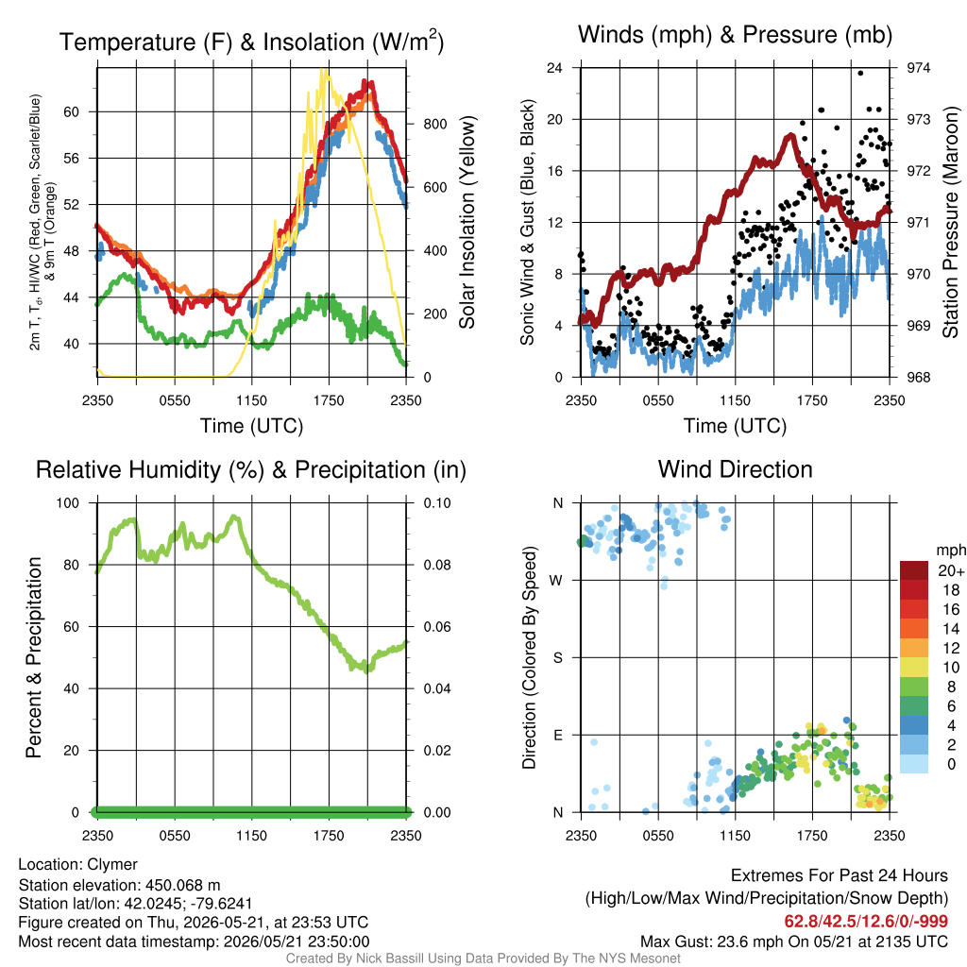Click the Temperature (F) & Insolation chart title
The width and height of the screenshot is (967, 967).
251,42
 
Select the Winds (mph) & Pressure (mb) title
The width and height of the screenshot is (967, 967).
735,35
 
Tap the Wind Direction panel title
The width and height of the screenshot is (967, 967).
735,469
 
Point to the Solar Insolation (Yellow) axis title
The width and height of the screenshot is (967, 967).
467,222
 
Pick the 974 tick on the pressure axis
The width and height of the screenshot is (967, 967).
918,68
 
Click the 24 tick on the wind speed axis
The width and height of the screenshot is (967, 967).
554,68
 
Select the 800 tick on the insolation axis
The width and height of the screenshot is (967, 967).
434,124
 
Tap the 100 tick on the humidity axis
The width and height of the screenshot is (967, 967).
68,502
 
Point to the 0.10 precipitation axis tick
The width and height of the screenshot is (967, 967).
437,502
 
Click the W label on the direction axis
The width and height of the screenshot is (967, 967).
556,581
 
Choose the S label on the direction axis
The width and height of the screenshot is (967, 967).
557,657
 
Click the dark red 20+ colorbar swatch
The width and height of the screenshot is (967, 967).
914,570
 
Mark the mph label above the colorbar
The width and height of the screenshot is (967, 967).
951,551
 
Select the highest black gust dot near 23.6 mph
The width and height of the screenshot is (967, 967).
860,73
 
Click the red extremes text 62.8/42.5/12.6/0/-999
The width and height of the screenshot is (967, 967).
866,921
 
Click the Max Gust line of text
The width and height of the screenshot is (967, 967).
793,942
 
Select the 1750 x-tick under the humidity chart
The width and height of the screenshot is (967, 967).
329,836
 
